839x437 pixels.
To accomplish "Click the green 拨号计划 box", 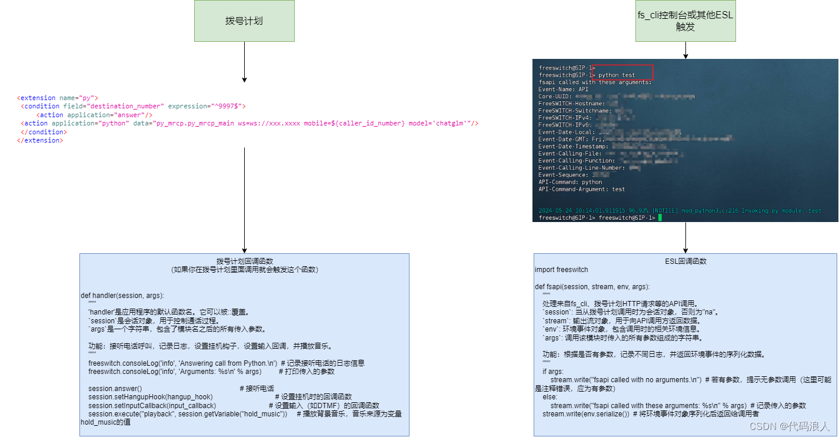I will (x=244, y=21).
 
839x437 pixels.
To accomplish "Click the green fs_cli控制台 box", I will (x=685, y=21).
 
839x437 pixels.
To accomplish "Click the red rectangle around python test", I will (x=622, y=72).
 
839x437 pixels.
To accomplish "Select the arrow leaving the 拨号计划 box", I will (x=244, y=62).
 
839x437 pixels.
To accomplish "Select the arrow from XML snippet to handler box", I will (x=244, y=200).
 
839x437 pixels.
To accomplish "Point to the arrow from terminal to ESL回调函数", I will (x=685, y=237).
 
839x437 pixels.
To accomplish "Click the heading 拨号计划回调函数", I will (x=244, y=261).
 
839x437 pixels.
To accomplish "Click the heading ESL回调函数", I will (x=685, y=261).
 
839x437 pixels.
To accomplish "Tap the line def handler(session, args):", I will (x=122, y=295).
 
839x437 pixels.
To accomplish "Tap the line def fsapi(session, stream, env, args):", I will (x=592, y=287).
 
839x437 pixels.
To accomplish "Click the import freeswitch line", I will (x=561, y=270).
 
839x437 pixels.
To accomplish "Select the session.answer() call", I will (x=115, y=389).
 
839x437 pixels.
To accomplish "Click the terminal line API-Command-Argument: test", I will (x=581, y=189).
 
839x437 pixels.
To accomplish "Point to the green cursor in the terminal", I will (x=661, y=218).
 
